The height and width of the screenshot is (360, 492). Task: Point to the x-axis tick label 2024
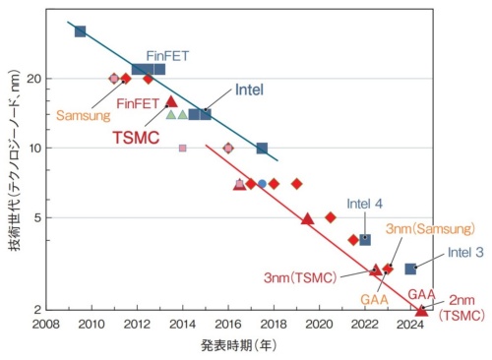[x=409, y=324]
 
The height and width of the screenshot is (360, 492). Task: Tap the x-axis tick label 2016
[x=227, y=324]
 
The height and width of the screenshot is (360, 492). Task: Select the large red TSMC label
[x=135, y=138]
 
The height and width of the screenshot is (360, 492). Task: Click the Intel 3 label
[x=464, y=252]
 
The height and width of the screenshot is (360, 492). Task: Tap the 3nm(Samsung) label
[x=424, y=228]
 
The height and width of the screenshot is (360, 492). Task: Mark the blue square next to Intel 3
[x=410, y=269]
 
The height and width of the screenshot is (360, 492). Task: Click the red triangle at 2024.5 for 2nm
[x=421, y=311]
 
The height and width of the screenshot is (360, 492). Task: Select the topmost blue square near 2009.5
[x=81, y=31]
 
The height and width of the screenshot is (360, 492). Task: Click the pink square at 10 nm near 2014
[x=182, y=149]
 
